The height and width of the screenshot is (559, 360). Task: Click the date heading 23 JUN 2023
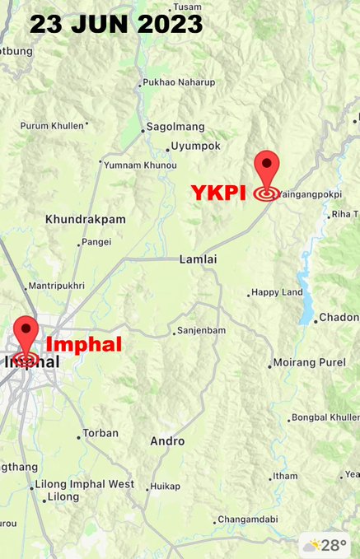pyautogui.click(x=116, y=24)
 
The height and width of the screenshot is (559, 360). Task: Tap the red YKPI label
pyautogui.click(x=219, y=192)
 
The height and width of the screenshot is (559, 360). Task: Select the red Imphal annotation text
pyautogui.click(x=83, y=344)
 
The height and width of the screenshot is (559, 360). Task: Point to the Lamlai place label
pyautogui.click(x=198, y=259)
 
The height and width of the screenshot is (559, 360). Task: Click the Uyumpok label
pyautogui.click(x=195, y=147)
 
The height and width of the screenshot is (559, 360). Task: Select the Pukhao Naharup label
pyautogui.click(x=178, y=83)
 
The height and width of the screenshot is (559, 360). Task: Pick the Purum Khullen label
pyautogui.click(x=52, y=125)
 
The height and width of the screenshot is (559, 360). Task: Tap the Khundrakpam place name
pyautogui.click(x=86, y=220)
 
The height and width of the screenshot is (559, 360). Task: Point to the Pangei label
pyautogui.click(x=97, y=243)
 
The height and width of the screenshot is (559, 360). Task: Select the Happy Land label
pyautogui.click(x=278, y=292)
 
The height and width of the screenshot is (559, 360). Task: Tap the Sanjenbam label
pyautogui.click(x=202, y=331)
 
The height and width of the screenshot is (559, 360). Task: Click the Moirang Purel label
pyautogui.click(x=311, y=363)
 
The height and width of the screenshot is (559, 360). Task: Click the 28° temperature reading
pyautogui.click(x=333, y=545)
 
